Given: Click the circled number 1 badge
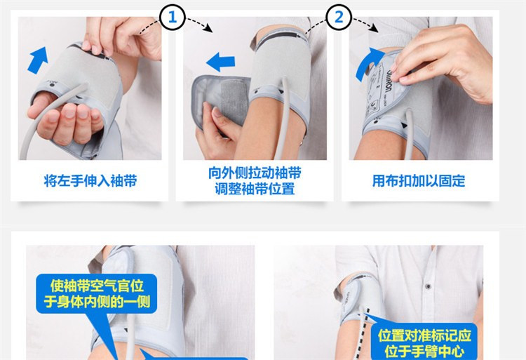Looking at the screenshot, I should click(173, 17).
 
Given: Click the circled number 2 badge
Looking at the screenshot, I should click(339, 17).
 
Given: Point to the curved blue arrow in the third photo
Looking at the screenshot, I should click(367, 65).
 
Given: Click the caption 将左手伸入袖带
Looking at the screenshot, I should click(90, 180).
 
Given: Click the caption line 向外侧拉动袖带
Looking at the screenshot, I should click(253, 173).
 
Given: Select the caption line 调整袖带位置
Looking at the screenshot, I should click(253, 189).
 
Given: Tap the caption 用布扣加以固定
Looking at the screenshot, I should click(419, 180).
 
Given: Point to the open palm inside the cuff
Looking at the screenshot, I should click(67, 119).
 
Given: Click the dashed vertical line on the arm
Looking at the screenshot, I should click(363, 330).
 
